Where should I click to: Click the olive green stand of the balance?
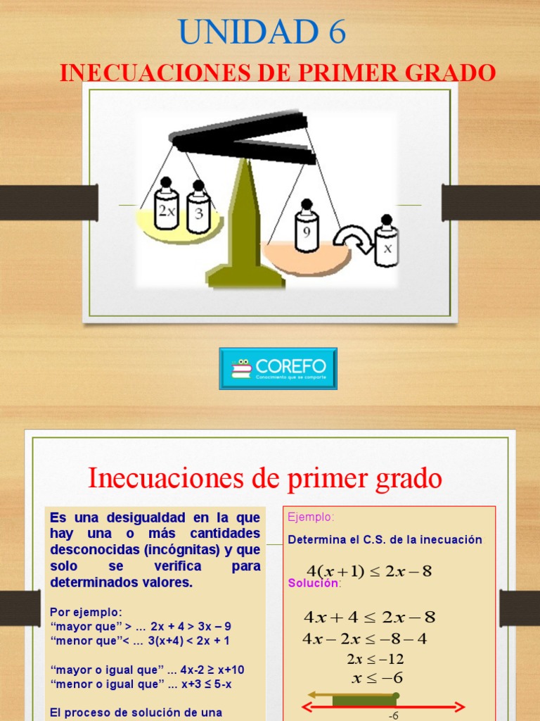[x=245, y=225]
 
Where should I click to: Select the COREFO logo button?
[x=278, y=368]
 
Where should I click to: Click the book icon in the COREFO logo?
[x=242, y=368]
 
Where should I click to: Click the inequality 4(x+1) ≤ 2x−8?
[x=369, y=571]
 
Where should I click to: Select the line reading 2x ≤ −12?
[x=375, y=659]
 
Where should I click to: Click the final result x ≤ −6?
[x=377, y=678]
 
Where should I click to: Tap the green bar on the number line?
[x=364, y=700]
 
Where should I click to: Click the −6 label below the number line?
[x=394, y=715]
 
